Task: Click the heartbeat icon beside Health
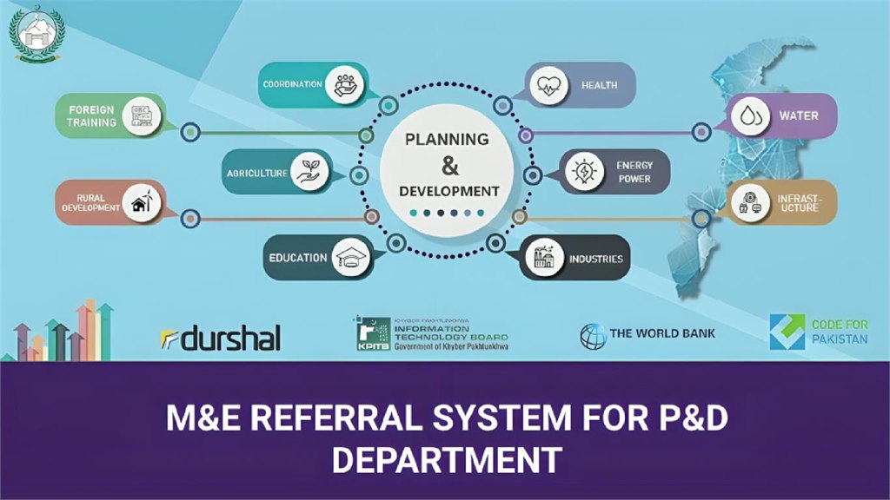[549, 85]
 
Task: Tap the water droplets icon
[747, 116]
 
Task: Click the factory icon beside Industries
[545, 258]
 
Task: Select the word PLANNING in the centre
[447, 139]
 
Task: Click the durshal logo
[221, 339]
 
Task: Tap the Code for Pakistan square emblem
[787, 332]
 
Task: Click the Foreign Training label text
[92, 116]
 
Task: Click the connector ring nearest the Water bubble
[701, 132]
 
